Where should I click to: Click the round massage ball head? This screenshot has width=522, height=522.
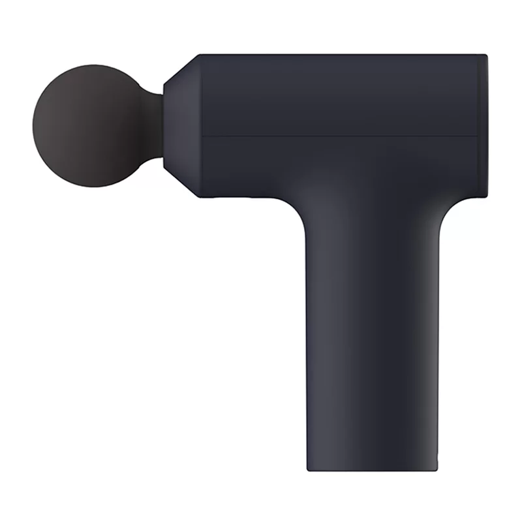tap(91, 125)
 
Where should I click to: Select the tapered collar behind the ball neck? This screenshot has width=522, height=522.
tap(181, 125)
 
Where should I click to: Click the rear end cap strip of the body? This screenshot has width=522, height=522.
tap(484, 125)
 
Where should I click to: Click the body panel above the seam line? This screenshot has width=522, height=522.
tap(339, 95)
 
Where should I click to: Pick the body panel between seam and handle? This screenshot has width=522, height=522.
tap(339, 166)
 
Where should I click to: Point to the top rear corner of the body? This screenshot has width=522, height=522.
tap(486, 55)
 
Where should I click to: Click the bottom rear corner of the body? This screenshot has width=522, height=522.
tap(486, 196)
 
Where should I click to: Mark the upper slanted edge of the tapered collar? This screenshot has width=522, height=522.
tap(181, 68)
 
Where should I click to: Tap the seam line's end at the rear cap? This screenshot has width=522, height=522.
tap(479, 136)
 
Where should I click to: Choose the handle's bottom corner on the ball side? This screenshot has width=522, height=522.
tap(308, 469)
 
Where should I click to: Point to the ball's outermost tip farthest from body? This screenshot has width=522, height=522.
tap(33, 125)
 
